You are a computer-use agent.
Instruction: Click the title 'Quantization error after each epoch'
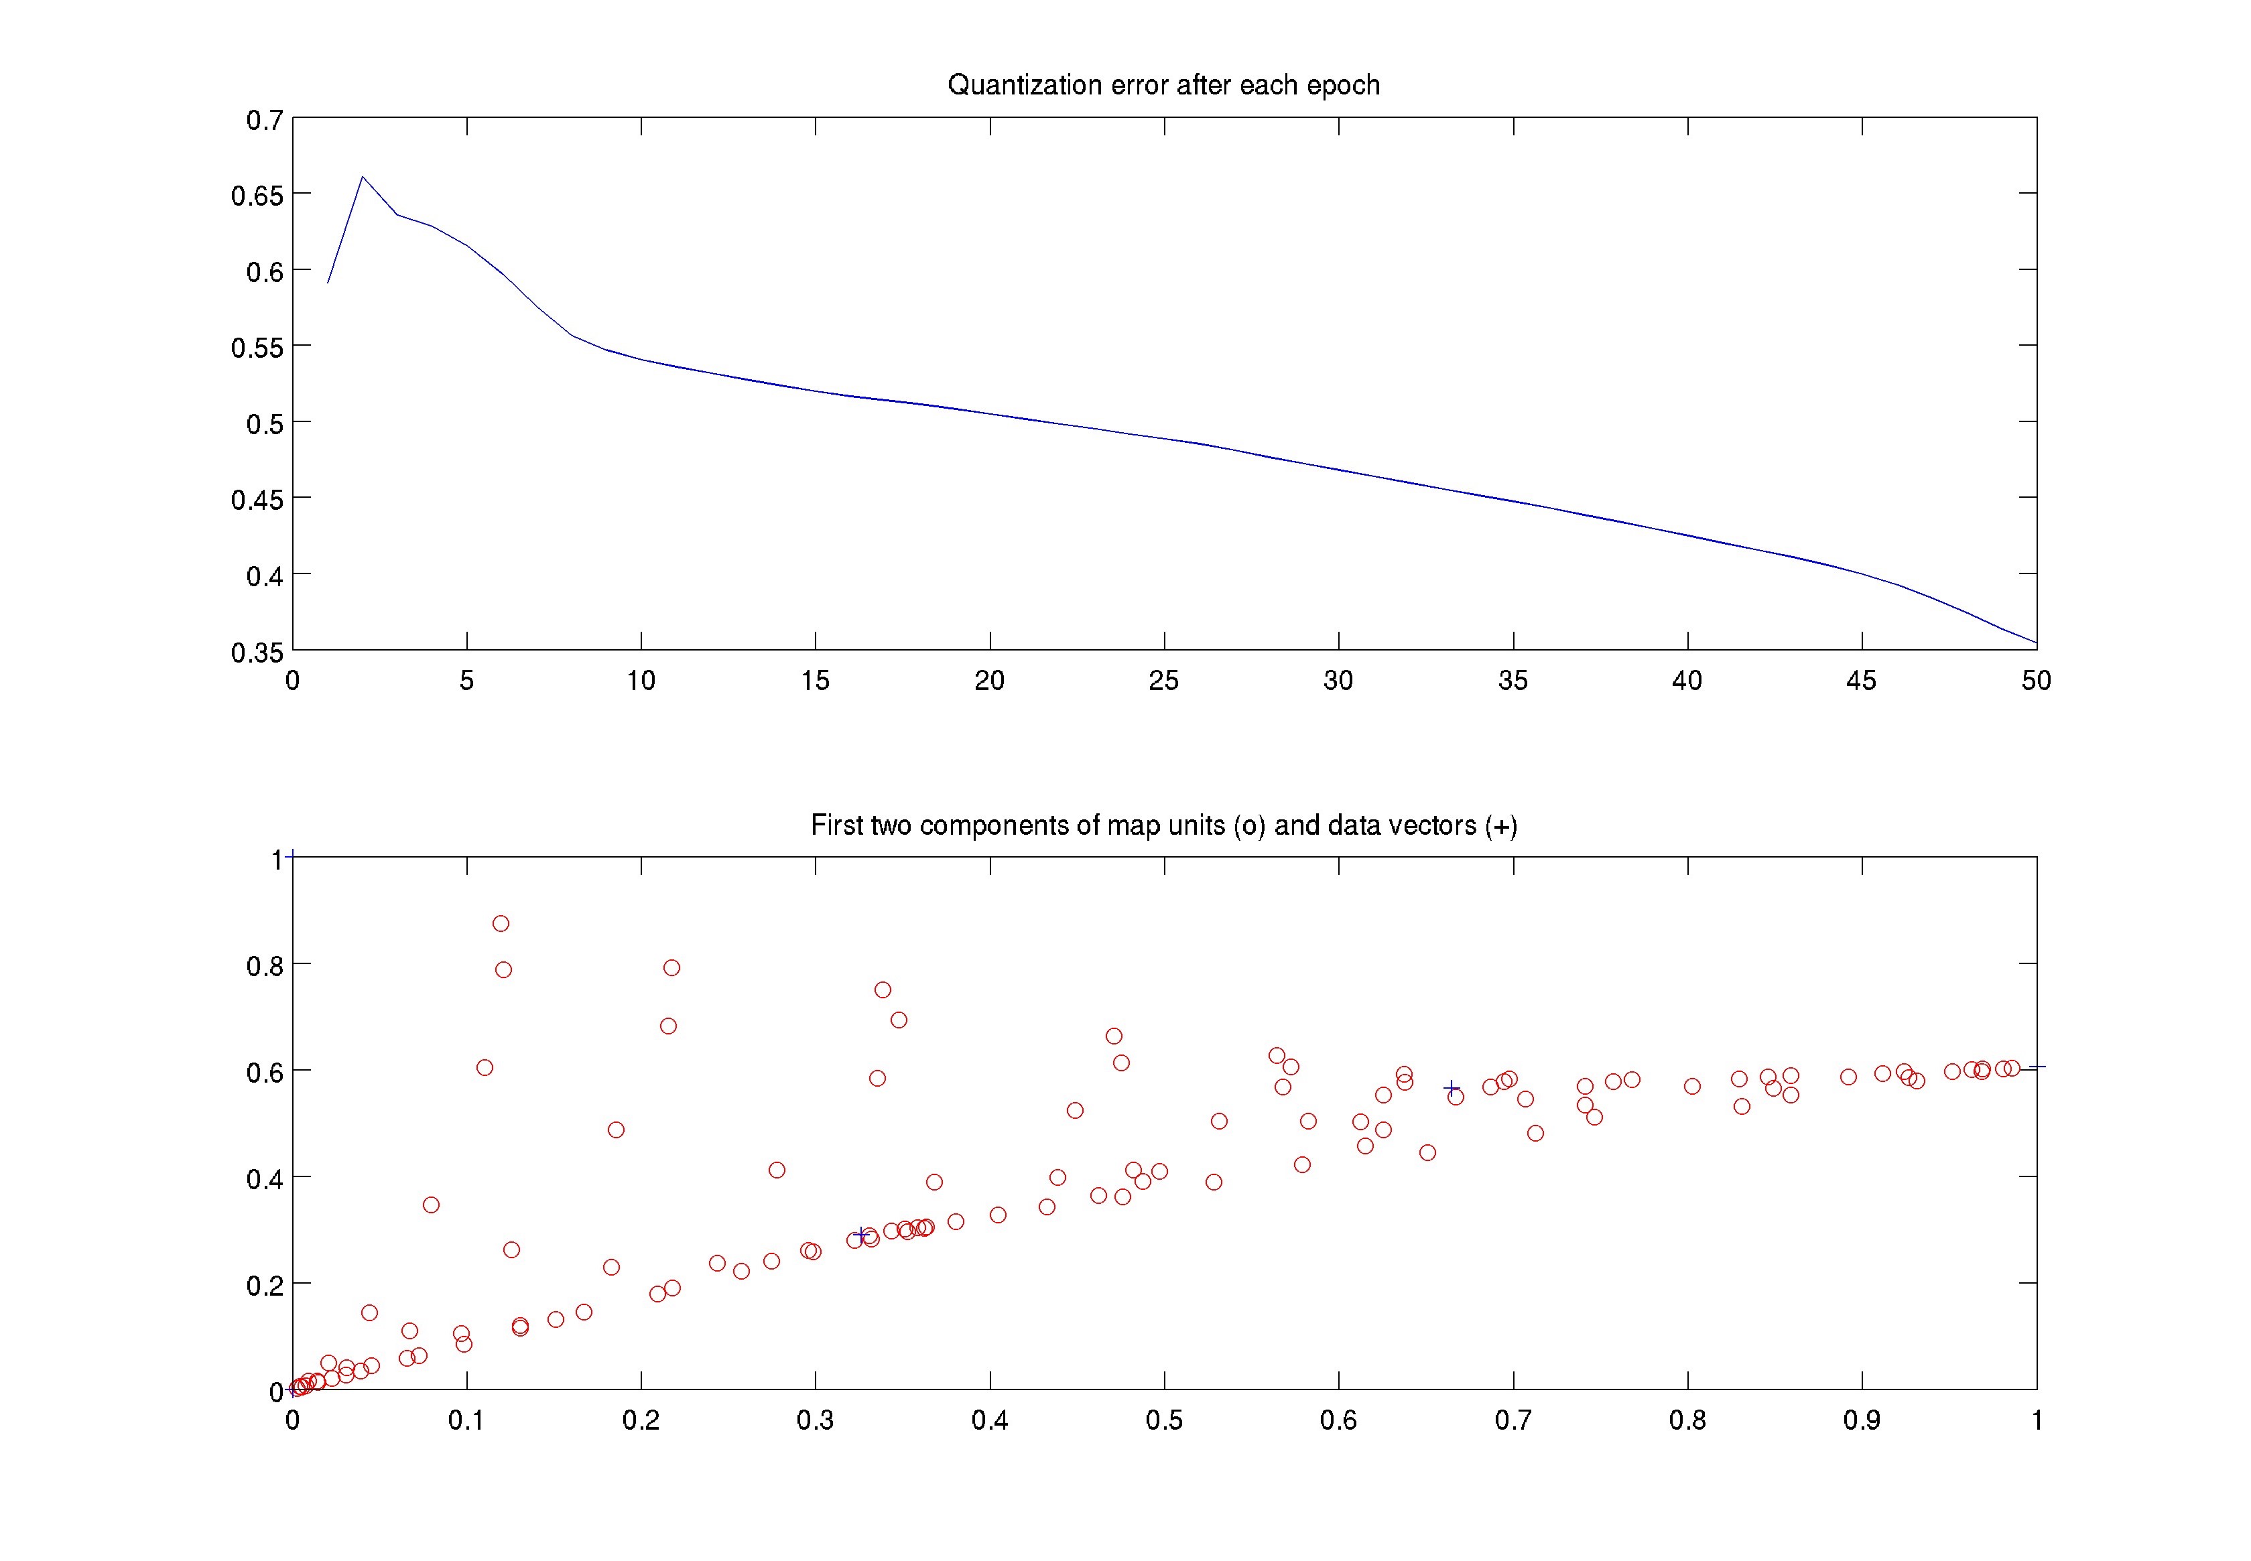tap(1163, 85)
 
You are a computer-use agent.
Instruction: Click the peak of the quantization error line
tap(362, 177)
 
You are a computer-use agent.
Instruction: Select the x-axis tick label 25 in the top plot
tap(1163, 681)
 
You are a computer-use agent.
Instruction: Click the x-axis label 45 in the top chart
tap(1861, 681)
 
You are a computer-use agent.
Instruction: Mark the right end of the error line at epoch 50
tap(2036, 642)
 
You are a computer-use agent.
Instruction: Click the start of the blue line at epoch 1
tap(328, 283)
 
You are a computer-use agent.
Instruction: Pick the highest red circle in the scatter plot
tap(501, 923)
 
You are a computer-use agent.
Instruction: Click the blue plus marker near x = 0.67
tap(1452, 1087)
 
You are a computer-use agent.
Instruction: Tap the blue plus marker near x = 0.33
tap(862, 1234)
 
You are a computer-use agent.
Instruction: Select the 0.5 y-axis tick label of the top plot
tap(264, 423)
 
